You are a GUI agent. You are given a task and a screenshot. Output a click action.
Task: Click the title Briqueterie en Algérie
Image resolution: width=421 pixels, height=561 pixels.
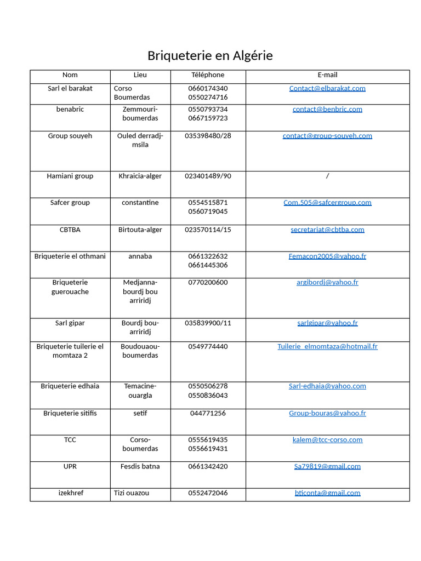[210, 56]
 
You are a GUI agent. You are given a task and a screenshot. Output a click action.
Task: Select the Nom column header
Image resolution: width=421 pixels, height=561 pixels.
[70, 75]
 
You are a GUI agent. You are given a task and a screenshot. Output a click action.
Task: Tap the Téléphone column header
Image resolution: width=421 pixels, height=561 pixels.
[208, 75]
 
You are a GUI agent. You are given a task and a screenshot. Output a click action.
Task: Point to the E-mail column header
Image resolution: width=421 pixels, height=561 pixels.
[327, 75]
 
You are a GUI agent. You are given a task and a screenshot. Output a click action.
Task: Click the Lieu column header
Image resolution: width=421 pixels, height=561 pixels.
[140, 75]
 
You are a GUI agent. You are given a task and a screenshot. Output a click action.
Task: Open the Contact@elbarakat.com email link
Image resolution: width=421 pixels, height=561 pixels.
[327, 88]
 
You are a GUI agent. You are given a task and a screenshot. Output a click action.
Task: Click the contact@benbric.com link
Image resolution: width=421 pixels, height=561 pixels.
[327, 109]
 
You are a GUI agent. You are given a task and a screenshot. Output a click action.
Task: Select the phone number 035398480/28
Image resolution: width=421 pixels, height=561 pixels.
[208, 136]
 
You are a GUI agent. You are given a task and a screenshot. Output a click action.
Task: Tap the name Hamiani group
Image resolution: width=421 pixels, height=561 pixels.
[70, 176]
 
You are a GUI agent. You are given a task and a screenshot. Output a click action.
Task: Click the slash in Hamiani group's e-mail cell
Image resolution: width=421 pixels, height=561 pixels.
[327, 176]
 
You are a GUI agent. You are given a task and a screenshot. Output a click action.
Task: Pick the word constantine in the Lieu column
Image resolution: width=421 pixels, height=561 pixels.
[140, 203]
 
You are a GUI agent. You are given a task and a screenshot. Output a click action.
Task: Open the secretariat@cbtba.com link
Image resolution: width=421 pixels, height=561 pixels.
[327, 230]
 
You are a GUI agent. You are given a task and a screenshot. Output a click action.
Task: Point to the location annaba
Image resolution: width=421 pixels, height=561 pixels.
[140, 256]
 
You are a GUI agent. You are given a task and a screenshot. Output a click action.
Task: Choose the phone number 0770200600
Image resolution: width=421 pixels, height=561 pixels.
[208, 283]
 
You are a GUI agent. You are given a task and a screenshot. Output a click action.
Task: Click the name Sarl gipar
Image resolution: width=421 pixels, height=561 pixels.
[70, 323]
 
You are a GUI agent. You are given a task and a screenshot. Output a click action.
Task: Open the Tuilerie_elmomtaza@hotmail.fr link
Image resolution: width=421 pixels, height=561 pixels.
[327, 346]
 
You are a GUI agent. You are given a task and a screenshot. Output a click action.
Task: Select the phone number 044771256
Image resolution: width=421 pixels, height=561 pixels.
[208, 413]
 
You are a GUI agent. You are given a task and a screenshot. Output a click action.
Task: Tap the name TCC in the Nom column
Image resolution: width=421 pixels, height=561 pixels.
[70, 440]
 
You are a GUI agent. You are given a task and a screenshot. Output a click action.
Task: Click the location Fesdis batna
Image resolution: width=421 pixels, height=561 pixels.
[140, 466]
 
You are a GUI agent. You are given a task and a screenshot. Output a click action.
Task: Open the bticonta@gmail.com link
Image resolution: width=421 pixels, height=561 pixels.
[327, 493]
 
